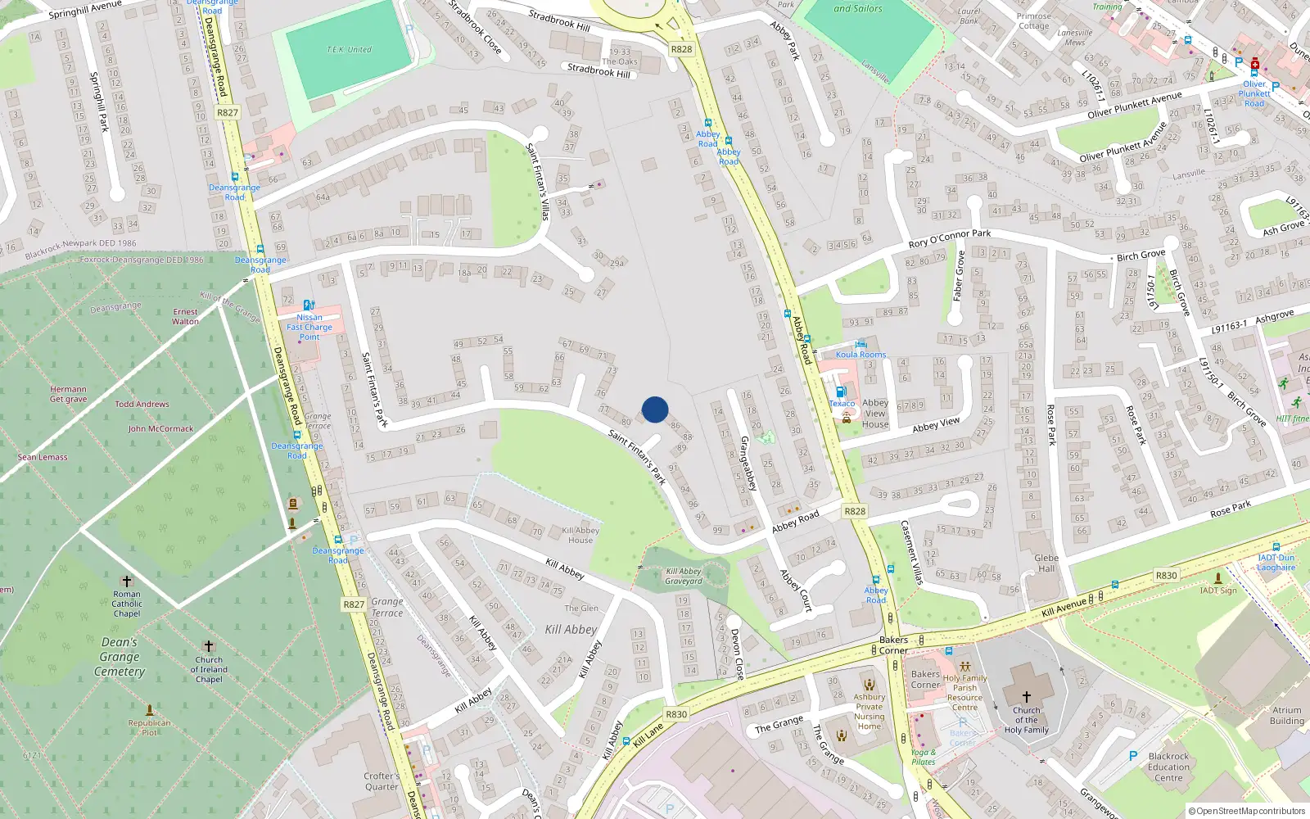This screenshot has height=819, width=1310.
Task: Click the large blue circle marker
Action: point(655,409)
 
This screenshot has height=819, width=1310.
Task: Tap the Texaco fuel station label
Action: point(842,403)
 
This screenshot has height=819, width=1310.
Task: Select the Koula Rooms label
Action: point(861,355)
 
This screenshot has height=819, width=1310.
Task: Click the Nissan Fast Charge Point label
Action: point(309,327)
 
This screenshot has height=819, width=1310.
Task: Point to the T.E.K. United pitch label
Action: point(349,50)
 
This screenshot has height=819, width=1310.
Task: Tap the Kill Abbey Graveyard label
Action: point(684,577)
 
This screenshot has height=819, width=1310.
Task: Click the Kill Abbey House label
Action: point(580,535)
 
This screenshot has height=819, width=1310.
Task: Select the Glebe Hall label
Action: point(1046,563)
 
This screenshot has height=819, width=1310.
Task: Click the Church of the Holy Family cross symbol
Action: point(1026,696)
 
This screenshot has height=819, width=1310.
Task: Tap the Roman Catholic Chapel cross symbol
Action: point(127,581)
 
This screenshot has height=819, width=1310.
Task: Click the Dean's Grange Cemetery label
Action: point(120,657)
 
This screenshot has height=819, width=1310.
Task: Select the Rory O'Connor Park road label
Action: point(950,239)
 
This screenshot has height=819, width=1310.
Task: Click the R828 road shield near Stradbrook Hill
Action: point(681,49)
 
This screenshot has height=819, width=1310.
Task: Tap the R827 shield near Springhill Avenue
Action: point(228,113)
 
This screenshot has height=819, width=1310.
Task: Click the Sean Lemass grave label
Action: point(43,457)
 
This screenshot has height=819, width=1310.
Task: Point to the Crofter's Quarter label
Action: point(382,781)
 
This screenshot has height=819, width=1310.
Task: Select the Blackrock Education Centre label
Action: point(1168,767)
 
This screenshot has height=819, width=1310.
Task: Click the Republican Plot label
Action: point(149,727)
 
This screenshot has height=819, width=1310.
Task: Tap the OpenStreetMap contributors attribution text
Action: point(1247,811)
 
